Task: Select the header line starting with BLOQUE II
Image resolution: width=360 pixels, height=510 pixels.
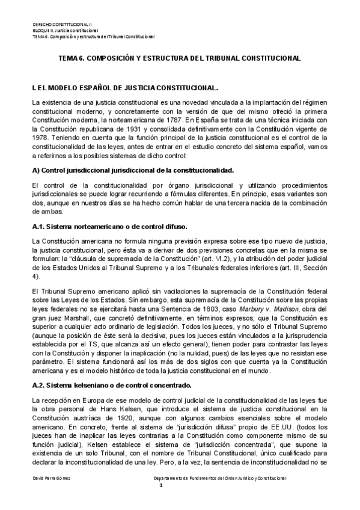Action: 66,30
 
